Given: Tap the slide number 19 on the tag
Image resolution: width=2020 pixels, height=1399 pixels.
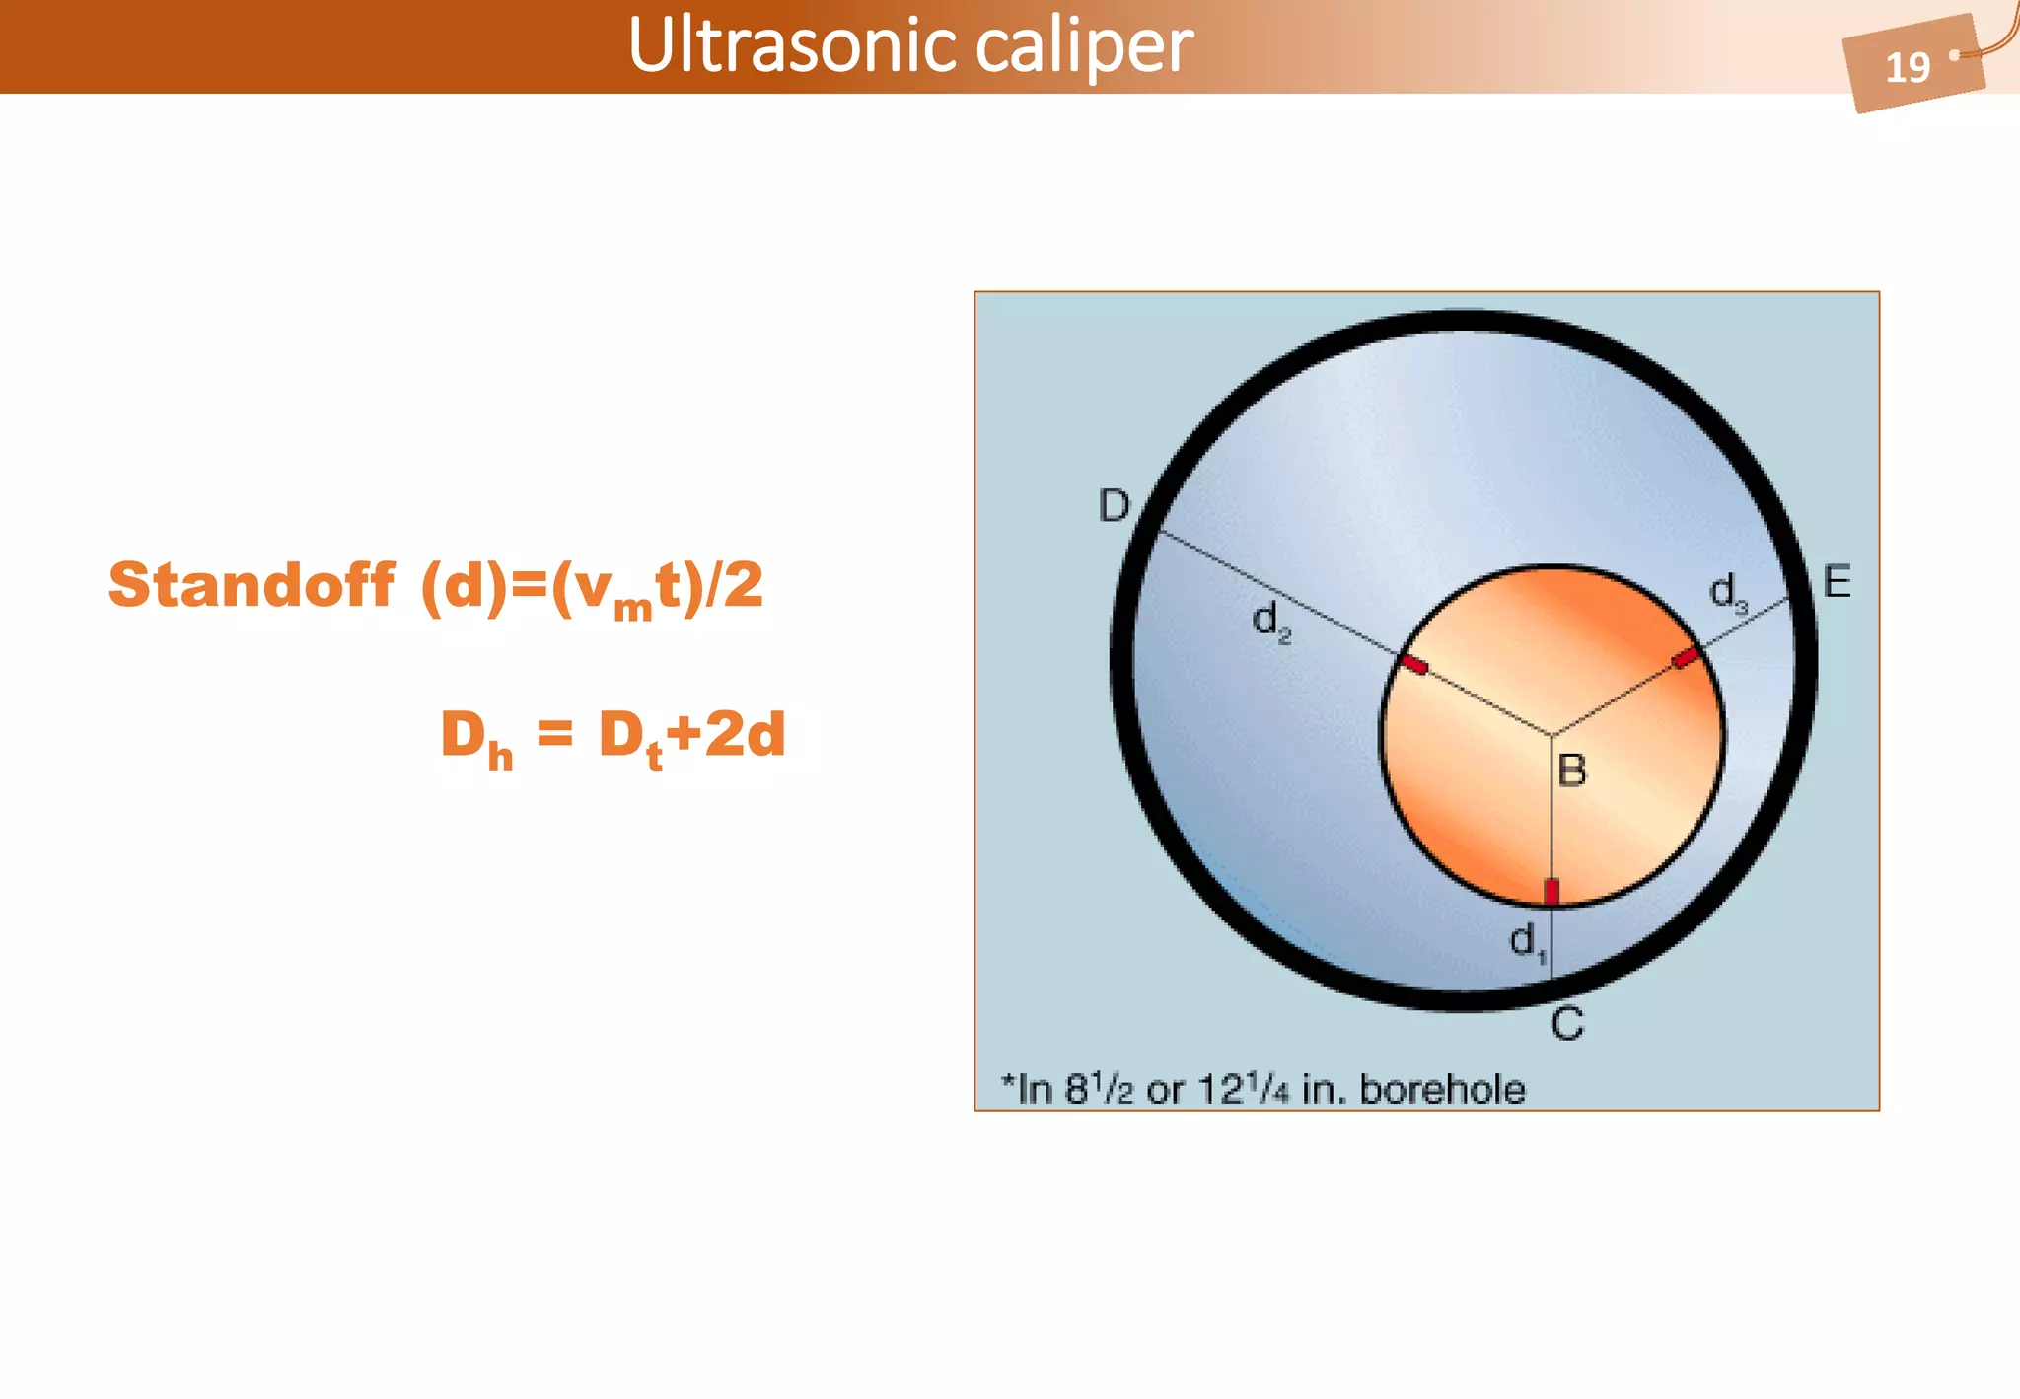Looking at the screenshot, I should pos(1907,67).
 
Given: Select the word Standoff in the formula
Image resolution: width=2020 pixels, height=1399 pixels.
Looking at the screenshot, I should pos(252,584).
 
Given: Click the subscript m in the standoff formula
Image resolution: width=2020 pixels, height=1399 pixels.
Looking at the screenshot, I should pos(632,607).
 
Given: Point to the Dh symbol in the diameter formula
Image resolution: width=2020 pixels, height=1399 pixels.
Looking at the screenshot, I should pos(475,738).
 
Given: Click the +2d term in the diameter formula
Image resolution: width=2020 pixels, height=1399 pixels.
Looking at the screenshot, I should pos(726,734).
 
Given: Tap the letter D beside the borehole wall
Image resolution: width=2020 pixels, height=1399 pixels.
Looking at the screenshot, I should pos(1114,506).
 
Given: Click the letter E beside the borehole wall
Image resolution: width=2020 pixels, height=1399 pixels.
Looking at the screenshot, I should pos(1836,582).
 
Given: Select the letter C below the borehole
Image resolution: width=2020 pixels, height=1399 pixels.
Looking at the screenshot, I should pos(1566,1025).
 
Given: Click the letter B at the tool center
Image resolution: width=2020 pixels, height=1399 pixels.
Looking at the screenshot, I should pos(1571,771).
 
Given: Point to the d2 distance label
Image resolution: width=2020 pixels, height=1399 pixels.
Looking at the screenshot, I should pos(1270,622).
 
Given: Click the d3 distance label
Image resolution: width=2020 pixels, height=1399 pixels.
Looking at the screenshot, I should pos(1727,594).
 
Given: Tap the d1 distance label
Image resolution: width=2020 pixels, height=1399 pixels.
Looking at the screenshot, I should pos(1527,941).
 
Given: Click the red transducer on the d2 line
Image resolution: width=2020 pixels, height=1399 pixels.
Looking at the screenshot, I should pos(1415,665).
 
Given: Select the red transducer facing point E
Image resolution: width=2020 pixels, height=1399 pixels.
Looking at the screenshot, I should pos(1686,657).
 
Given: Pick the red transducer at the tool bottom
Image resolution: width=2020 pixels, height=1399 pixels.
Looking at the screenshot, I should pos(1551,891).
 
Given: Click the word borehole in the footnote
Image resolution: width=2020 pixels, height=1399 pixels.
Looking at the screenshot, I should pos(1442,1090).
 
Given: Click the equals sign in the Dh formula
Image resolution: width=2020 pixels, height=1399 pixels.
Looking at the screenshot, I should pos(554,734).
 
